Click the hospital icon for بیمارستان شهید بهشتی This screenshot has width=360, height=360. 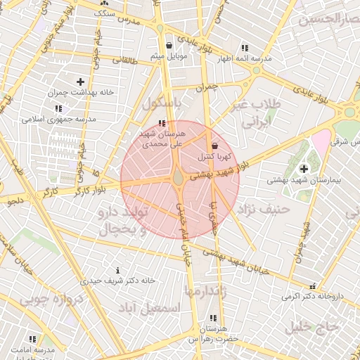[304, 169]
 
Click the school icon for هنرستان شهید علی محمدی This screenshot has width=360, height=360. [163, 123]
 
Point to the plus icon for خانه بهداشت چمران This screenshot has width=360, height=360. [80, 82]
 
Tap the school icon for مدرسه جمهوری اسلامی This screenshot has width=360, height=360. [58, 108]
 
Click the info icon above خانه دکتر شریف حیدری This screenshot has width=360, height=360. [117, 270]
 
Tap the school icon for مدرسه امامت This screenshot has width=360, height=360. [32, 339]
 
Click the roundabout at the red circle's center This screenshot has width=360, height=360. [179, 180]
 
